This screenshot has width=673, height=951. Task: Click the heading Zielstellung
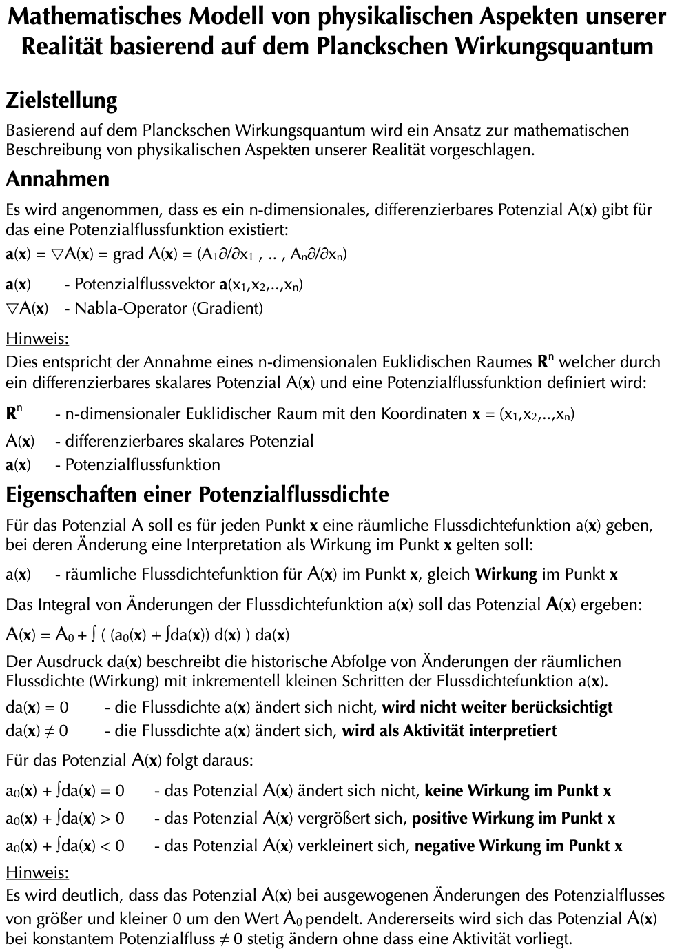[x=61, y=101]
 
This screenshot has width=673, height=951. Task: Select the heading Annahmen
[x=58, y=179]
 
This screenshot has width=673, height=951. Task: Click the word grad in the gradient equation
[x=128, y=254]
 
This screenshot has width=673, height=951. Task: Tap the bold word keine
[x=444, y=790]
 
